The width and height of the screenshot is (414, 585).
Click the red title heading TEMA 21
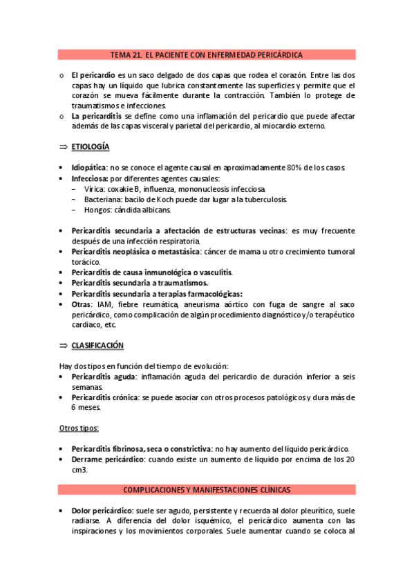coord(207,54)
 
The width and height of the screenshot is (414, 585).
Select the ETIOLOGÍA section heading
coord(90,147)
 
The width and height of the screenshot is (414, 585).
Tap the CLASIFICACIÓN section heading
coord(97,345)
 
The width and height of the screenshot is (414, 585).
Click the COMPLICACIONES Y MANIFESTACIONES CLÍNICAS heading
coord(207,489)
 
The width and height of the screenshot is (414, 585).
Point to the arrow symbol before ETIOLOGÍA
coord(63,147)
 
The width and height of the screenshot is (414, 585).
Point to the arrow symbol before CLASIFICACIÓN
coord(63,345)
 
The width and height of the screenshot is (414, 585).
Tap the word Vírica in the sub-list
coord(93,188)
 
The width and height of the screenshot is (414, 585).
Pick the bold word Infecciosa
coord(91,178)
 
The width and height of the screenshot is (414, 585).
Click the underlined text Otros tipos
coord(78,428)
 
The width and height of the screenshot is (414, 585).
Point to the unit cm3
coord(79,469)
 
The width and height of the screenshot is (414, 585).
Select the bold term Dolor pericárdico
coord(102,510)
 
